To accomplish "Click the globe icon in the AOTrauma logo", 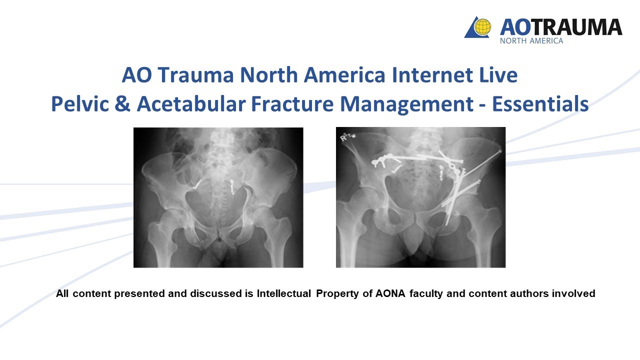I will coord(482,27).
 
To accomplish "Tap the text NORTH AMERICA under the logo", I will coord(531,40).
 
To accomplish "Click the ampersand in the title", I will coord(125,104).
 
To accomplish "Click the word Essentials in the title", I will coord(540,104).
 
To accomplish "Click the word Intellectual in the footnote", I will coord(284,294).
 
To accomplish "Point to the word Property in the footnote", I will coord(337,294).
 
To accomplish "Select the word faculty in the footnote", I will coord(426,294).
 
